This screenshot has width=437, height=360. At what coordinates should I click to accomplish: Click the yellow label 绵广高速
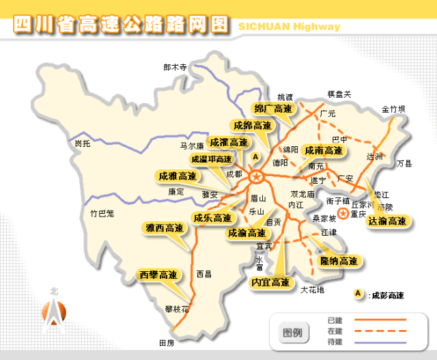273,109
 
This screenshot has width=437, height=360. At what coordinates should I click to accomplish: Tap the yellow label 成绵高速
252,126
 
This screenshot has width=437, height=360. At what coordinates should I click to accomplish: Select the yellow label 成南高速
324,150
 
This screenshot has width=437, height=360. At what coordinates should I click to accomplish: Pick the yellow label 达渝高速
387,221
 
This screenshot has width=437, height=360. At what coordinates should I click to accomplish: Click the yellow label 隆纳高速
339,261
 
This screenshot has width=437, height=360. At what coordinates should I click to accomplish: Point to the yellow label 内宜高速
270,282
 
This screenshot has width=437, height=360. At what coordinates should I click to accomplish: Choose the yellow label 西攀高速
158,275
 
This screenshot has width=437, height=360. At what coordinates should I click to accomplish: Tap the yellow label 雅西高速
165,228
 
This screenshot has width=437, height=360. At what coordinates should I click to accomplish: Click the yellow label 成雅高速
178,176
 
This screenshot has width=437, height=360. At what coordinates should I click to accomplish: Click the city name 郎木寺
175,68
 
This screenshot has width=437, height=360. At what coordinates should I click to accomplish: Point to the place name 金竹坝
393,109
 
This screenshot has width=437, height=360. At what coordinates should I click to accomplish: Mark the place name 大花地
312,290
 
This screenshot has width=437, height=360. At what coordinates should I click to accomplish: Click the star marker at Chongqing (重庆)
343,203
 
